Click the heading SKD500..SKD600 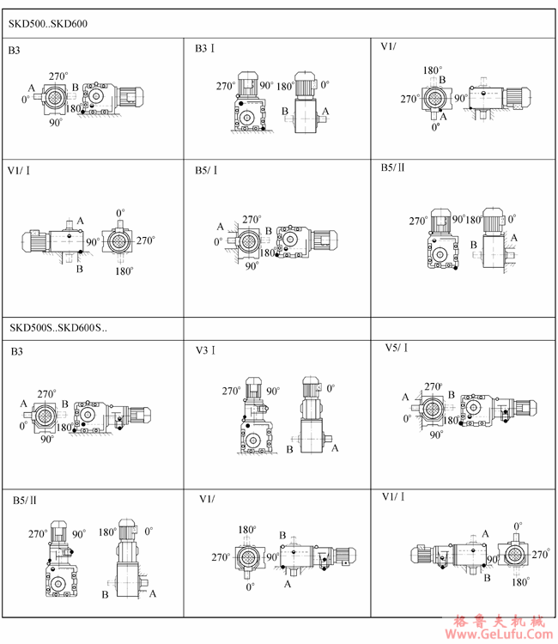coord(48,24)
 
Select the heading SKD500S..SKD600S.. coord(58,328)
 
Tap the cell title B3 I coord(205,48)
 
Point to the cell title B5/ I coord(206,170)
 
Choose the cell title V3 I coord(206,350)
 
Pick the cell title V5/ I coord(397,348)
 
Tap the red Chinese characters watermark coord(500,621)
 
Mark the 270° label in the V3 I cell coord(231,391)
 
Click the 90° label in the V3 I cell coord(274,391)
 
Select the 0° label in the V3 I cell coord(331,388)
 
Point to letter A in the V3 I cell coord(335,448)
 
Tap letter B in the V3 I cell coord(289,449)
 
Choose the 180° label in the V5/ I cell coord(452,420)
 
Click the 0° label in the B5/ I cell coord(218,241)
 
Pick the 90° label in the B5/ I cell coord(252,266)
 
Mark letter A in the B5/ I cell coord(220,227)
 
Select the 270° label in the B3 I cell coord(226,86)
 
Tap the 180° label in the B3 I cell coord(285,87)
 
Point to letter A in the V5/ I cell coord(405,397)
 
